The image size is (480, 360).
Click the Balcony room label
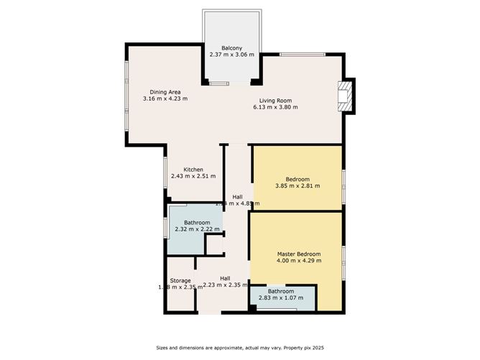coord(231,48)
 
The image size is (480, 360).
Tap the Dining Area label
coord(165,92)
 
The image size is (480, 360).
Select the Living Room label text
coord(275,100)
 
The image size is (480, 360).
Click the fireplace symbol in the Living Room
coord(345,96)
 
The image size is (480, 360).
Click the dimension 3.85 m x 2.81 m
coord(297,185)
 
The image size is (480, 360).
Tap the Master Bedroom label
coord(299,254)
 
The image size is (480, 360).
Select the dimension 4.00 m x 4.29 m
coord(299,261)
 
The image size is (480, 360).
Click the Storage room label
coord(180,280)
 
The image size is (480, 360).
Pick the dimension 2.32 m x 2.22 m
coord(196,229)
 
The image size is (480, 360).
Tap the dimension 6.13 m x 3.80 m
coord(275,107)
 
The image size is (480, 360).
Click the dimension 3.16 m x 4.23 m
coord(165,99)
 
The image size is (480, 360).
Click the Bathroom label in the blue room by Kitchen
coord(196,223)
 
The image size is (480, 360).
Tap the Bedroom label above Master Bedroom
coord(297,179)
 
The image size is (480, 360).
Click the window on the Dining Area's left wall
coord(127,94)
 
